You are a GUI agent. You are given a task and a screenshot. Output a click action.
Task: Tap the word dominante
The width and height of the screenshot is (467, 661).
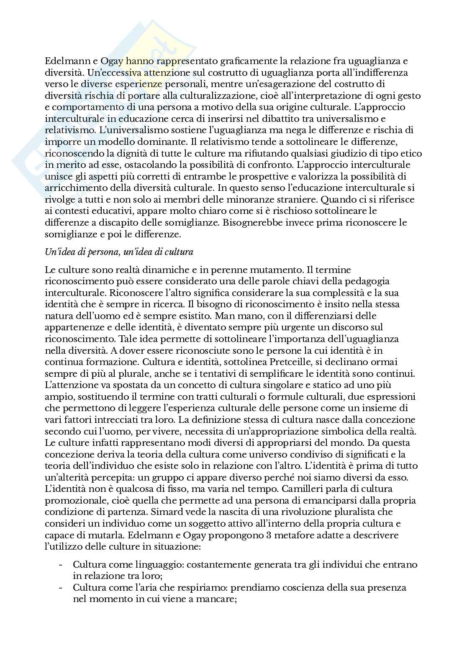(170, 141)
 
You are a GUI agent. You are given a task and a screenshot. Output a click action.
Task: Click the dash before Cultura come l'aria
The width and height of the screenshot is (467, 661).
(62, 587)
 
